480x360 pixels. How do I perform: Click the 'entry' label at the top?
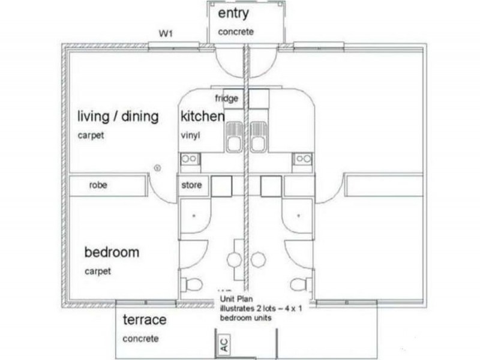point(233,14)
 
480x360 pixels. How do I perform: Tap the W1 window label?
point(166,34)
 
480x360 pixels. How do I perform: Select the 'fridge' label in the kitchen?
point(227,98)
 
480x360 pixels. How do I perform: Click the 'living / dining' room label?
point(118,116)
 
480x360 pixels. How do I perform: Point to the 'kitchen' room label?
point(203,116)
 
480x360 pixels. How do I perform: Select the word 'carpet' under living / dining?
point(91,136)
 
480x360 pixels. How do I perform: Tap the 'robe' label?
point(98,185)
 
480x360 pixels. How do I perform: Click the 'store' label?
point(191,185)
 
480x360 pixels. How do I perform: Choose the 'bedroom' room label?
point(112,252)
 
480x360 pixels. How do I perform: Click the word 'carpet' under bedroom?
point(97,271)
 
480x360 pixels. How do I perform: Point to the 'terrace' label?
point(144,320)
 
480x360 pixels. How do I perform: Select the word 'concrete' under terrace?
point(140,339)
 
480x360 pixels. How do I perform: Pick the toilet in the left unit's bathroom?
point(193,283)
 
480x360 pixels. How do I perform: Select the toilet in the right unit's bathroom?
point(297,283)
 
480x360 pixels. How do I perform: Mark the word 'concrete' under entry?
point(236,32)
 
